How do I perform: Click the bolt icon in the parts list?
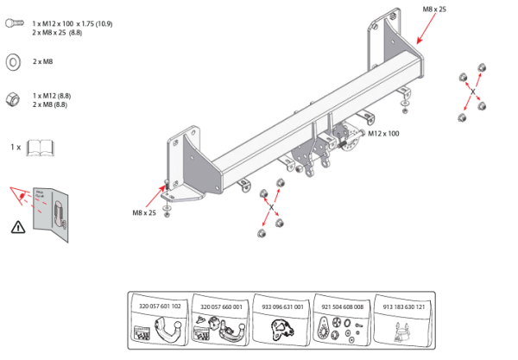click(14, 26)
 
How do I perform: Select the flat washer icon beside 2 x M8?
click(14, 62)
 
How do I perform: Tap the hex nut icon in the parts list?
click(14, 98)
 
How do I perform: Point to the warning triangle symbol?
click(18, 228)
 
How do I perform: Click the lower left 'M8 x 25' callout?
click(144, 212)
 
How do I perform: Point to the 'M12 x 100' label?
click(383, 134)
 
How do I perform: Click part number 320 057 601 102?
click(161, 306)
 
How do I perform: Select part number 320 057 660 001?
click(221, 306)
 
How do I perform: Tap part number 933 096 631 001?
click(282, 306)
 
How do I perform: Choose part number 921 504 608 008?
click(343, 306)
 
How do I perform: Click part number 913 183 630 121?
click(403, 306)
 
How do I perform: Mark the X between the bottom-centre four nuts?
click(271, 208)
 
